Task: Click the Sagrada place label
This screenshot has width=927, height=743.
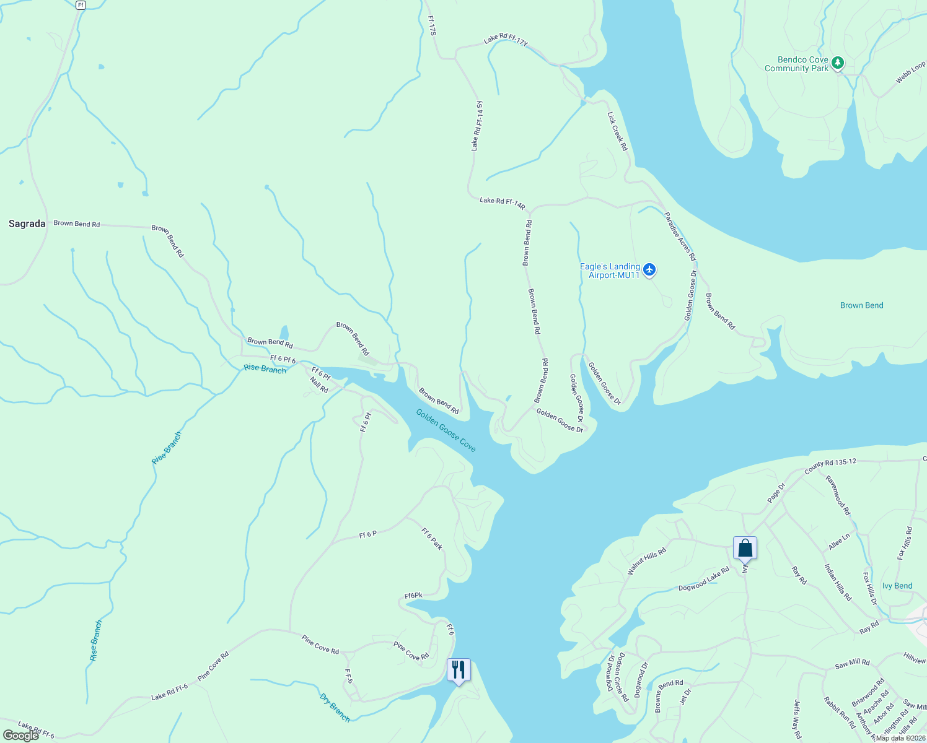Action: (x=27, y=224)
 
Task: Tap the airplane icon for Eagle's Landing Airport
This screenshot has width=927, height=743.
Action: (x=649, y=269)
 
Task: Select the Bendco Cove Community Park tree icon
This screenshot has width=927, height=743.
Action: (x=838, y=63)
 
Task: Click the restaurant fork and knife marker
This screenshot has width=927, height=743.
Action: (x=459, y=670)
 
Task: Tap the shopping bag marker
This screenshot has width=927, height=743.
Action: (x=745, y=548)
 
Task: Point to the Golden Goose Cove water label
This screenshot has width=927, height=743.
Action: (x=446, y=430)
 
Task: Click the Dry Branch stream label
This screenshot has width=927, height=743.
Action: (x=335, y=708)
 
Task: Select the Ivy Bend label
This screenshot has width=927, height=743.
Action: (x=897, y=586)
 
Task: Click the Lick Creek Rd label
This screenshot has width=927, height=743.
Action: (x=617, y=131)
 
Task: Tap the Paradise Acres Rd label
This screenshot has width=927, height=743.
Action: (x=680, y=236)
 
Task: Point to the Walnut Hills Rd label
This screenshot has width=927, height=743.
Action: (x=646, y=562)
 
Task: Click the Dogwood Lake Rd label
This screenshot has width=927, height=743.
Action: (x=703, y=580)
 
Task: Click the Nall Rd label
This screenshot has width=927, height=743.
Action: (x=319, y=386)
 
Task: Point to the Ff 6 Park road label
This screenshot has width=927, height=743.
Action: (x=432, y=539)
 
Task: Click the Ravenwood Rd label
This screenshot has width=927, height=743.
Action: (x=838, y=495)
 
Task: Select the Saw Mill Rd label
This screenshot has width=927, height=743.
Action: (x=852, y=664)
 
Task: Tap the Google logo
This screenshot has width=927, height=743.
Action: (x=21, y=735)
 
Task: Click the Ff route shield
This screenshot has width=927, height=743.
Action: (x=81, y=5)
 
